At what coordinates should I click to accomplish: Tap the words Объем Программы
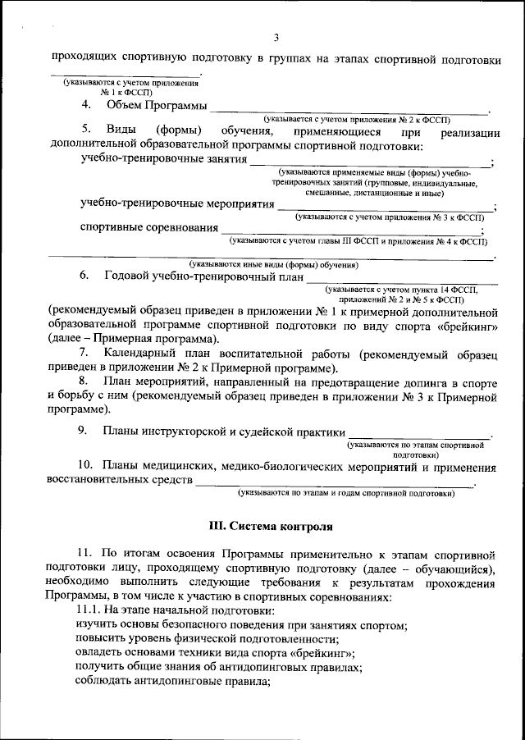157,105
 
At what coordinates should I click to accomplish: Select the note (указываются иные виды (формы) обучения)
273,264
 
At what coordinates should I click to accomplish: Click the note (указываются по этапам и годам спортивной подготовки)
345,494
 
